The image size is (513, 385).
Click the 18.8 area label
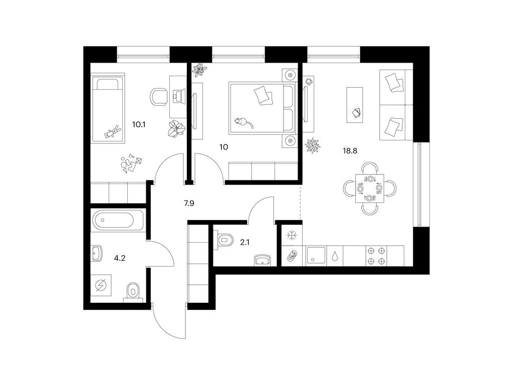350,151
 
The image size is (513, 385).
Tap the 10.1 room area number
138,124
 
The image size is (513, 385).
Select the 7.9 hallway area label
189,204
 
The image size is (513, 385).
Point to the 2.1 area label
244,242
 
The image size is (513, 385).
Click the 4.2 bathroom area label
119,258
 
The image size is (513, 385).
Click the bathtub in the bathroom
118,221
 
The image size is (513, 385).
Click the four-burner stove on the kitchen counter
376,256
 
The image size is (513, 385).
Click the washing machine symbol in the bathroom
101,285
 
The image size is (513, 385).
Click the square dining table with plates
370,188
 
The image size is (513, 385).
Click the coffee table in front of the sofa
355,105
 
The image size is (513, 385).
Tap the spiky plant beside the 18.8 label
313,145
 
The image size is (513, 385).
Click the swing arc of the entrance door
164,327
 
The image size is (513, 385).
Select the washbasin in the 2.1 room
263,260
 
